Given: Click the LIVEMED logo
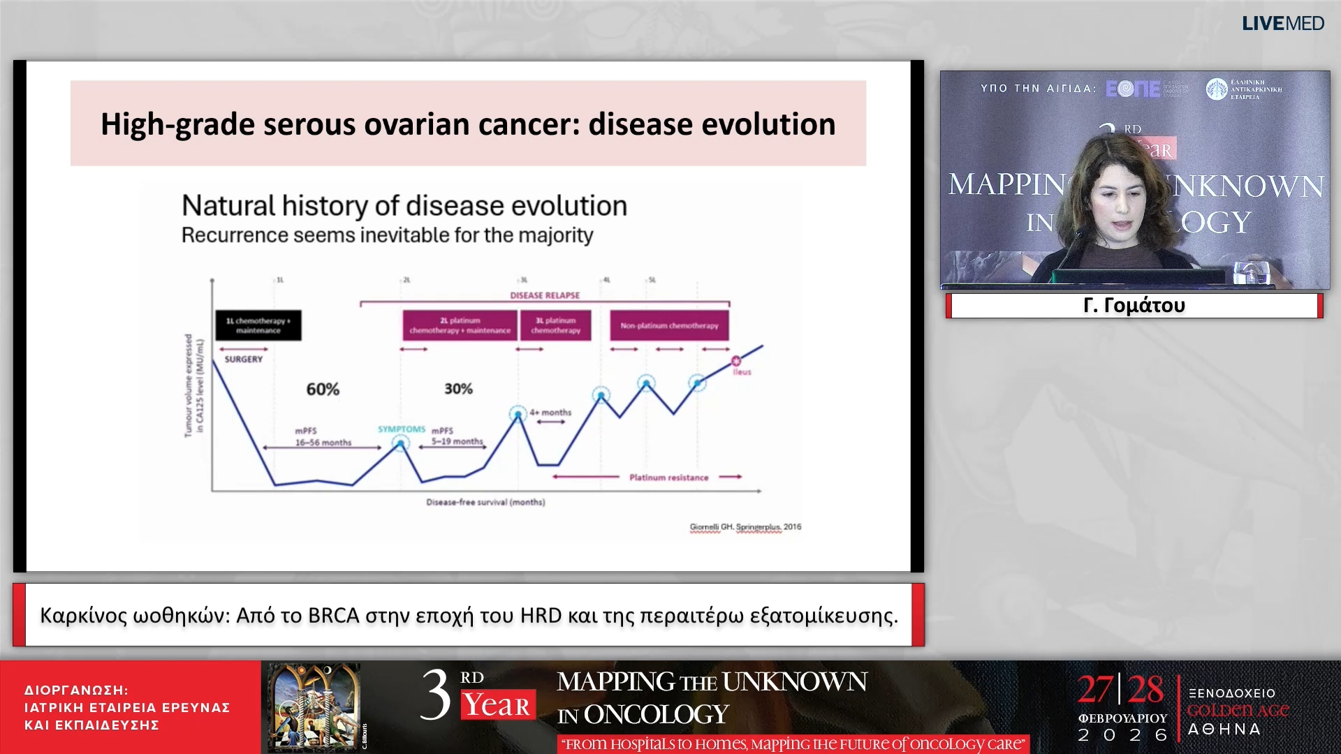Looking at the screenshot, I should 1282,24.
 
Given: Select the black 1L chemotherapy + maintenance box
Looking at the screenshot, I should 258,325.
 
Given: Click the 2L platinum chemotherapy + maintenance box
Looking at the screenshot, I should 460,325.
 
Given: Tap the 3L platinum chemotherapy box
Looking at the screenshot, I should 555,325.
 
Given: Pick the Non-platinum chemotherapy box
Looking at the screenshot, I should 669,325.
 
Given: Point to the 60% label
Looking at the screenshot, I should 323,390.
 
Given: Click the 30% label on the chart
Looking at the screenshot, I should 458,389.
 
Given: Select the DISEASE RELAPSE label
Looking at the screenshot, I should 545,295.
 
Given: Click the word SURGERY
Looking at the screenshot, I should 244,359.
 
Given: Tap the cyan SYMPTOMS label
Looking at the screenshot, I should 402,429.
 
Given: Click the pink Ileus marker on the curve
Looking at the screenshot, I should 735,361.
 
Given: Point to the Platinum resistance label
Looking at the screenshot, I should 668,478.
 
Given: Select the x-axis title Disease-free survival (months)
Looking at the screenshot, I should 485,502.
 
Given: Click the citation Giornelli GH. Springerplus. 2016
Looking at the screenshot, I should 745,527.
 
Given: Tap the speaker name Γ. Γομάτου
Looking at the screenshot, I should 1134,306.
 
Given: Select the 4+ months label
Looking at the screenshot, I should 550,413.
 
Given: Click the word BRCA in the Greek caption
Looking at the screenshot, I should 333,616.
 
